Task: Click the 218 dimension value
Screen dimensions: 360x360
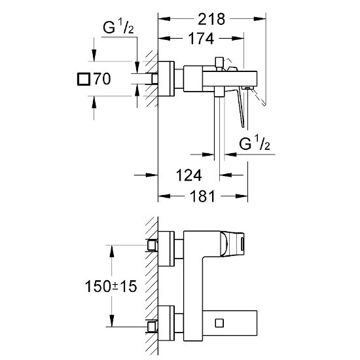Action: (x=211, y=19)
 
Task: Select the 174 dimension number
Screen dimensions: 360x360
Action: (x=201, y=39)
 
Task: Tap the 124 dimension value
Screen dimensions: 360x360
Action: (x=189, y=175)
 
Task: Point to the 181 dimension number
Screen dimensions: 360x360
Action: (x=202, y=196)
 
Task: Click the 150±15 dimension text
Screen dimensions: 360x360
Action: (x=111, y=286)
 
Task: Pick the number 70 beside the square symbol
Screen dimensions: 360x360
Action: (x=102, y=79)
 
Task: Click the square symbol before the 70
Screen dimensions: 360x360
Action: (x=84, y=79)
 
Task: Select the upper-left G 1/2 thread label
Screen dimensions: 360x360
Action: (x=118, y=26)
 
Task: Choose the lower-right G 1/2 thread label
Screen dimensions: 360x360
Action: (x=255, y=143)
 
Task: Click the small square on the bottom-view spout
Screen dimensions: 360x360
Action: (x=219, y=323)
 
